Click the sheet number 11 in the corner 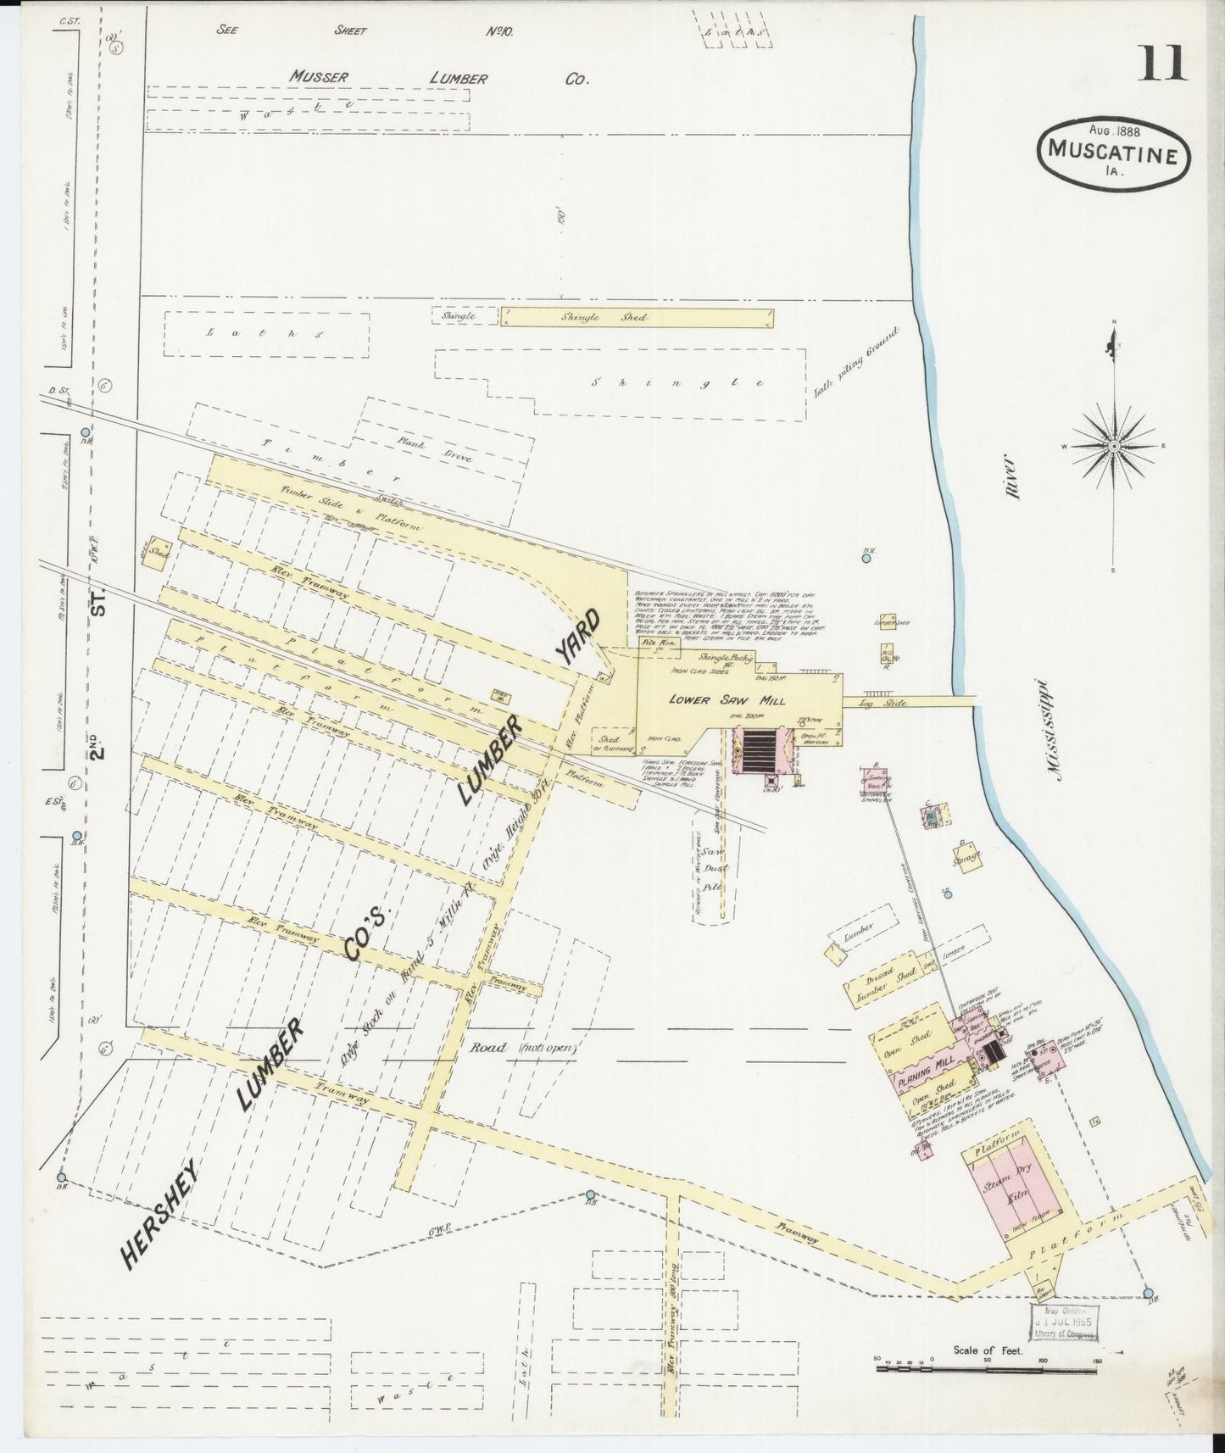(x=1162, y=64)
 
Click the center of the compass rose (x=1114, y=445)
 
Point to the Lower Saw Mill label (x=727, y=700)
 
